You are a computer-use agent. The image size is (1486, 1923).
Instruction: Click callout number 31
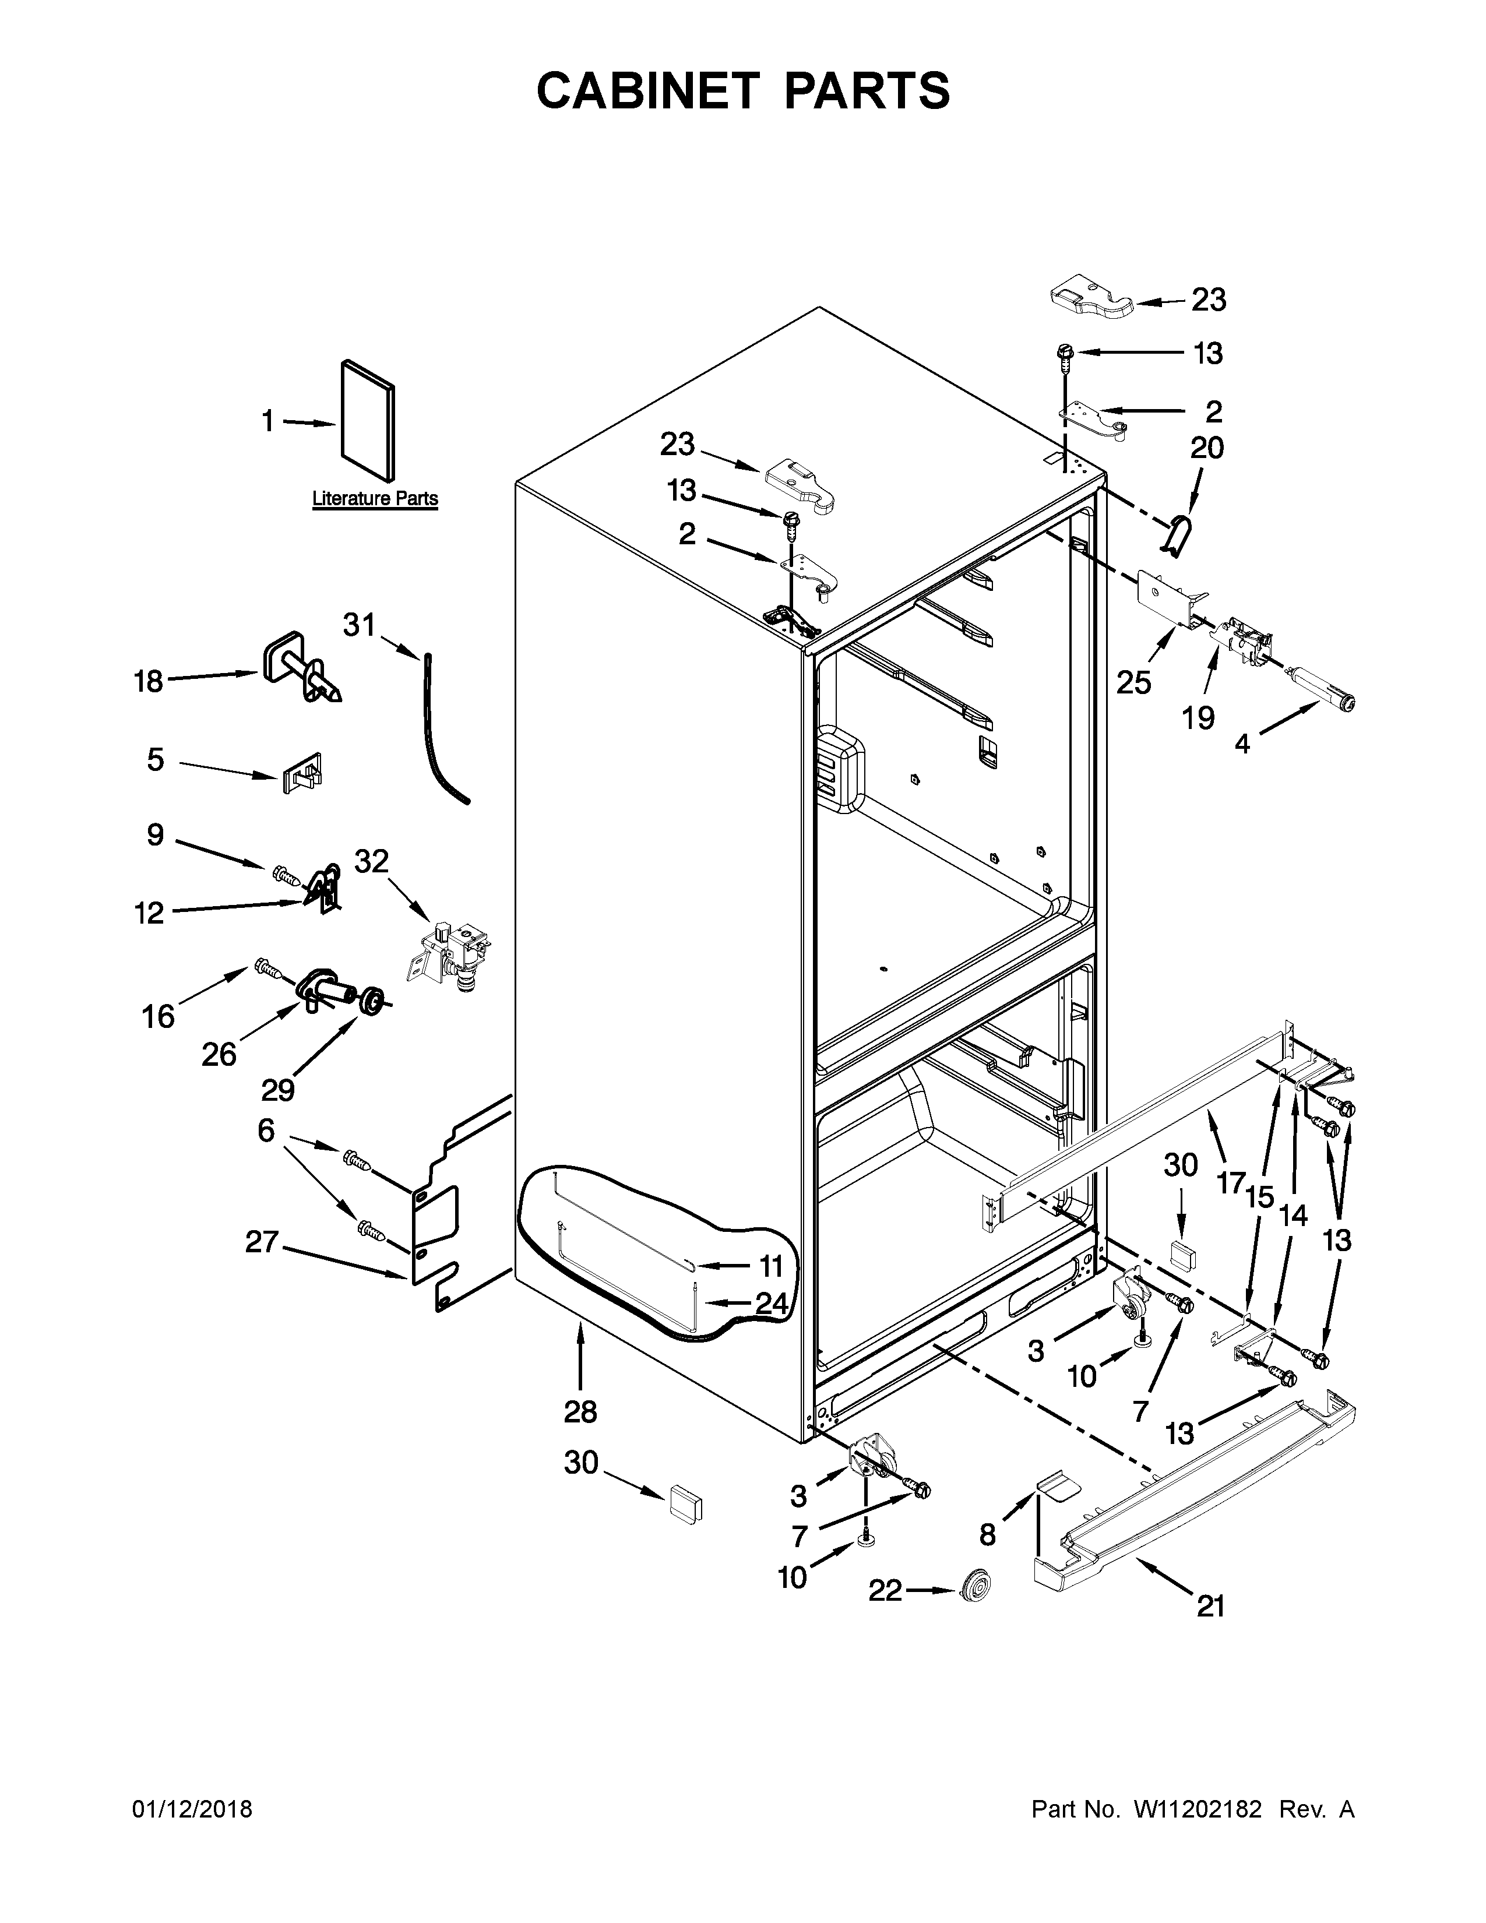pos(358,625)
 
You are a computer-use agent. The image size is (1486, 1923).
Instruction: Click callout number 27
pos(262,1242)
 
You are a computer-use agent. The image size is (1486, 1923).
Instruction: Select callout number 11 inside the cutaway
pos(770,1267)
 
